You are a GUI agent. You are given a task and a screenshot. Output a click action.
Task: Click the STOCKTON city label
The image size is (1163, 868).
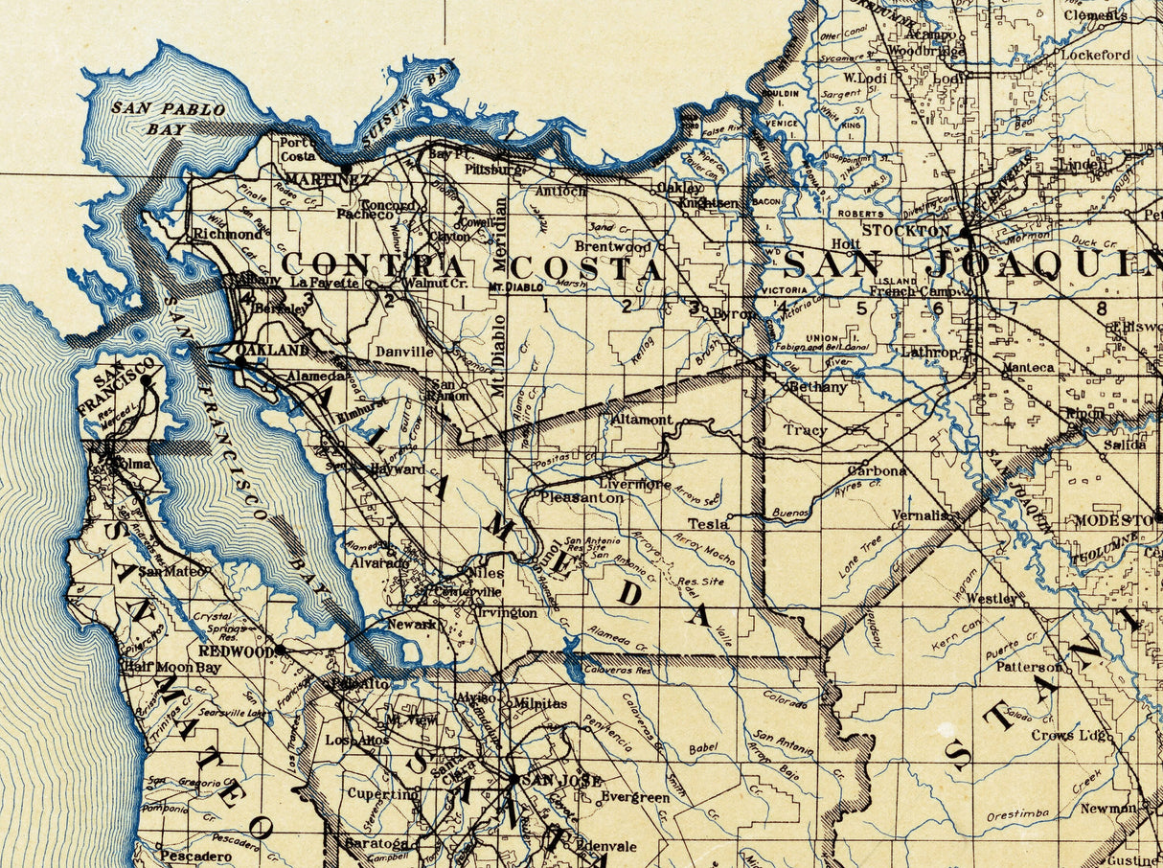905,231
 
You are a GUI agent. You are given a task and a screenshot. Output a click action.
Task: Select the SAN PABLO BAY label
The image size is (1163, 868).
168,118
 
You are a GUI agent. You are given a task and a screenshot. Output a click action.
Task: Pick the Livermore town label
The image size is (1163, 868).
635,484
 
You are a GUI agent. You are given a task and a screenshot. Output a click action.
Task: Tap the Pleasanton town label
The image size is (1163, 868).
581,498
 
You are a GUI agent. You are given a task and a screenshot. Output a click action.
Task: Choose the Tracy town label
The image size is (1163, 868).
805,430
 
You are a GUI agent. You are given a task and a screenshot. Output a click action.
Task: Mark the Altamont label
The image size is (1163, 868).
641,420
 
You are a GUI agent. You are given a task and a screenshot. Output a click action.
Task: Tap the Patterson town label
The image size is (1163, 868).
1028,666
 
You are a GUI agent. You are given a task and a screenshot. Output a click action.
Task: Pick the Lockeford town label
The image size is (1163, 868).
1094,55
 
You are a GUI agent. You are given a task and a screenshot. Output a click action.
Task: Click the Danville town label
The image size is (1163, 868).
403,352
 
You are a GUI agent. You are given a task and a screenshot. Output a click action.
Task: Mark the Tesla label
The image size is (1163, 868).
708,524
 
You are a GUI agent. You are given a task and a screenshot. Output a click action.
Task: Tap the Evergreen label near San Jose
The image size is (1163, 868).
635,797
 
